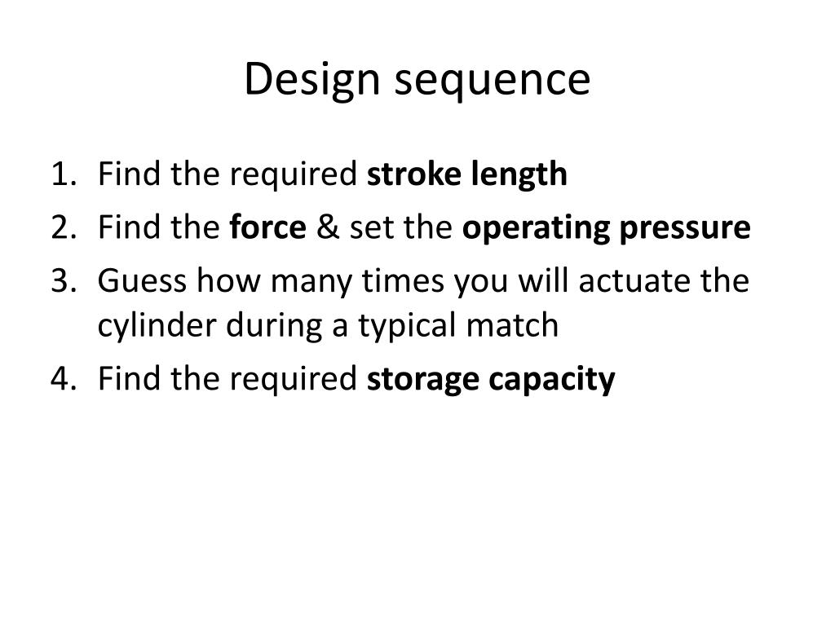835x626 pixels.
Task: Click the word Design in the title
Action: (304, 80)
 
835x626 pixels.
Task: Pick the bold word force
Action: (268, 228)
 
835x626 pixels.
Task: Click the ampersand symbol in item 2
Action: (326, 228)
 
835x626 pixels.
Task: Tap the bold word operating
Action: (537, 229)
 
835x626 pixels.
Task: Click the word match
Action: (509, 325)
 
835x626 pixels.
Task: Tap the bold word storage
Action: (424, 380)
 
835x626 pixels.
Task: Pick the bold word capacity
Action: (553, 380)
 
